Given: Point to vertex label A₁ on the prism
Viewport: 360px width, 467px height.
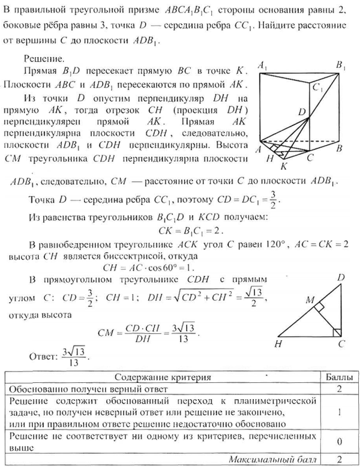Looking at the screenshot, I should point(262,63).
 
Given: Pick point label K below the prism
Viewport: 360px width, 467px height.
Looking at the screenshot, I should point(284,166).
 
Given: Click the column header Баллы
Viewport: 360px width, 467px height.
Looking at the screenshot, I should point(334,378).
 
